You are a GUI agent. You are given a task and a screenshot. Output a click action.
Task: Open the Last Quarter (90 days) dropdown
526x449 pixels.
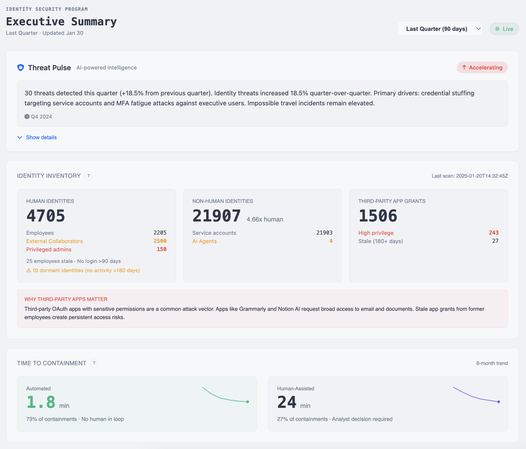coord(439,29)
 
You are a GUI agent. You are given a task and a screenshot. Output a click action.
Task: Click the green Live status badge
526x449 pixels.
coord(504,29)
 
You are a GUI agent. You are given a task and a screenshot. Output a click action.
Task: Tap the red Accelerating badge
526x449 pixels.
coord(482,67)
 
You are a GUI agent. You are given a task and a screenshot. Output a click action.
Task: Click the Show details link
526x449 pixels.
coord(41,137)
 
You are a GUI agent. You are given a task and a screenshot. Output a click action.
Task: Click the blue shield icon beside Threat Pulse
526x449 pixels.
coord(21,67)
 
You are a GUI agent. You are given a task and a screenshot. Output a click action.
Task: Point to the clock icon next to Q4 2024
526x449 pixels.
coord(27,116)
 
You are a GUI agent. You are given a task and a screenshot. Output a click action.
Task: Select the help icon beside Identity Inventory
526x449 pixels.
coord(88,176)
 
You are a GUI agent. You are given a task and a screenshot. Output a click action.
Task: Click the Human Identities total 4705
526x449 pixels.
coord(46,216)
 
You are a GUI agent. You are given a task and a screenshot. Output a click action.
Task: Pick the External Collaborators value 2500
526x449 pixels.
coord(160,241)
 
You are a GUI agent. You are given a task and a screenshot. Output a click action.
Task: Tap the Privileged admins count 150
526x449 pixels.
coord(161,249)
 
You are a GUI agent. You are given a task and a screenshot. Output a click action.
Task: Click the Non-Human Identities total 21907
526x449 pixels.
coord(217,216)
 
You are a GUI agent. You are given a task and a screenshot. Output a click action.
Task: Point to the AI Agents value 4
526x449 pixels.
coord(331,241)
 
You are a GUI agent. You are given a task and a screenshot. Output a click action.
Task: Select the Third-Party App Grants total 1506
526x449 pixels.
coord(378,216)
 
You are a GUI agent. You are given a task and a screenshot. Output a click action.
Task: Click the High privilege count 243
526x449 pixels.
coord(494,233)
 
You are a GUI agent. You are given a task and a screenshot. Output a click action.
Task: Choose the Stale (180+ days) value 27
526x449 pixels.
coord(495,241)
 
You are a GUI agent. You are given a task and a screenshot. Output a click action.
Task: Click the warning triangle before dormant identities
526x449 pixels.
coord(29,270)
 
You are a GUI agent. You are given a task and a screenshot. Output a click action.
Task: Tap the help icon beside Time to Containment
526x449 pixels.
coord(94,363)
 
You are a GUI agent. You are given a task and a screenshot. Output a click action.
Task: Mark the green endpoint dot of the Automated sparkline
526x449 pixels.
coord(248,402)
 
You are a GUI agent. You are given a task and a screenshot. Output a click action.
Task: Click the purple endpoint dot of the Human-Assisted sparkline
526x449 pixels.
coord(499,402)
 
